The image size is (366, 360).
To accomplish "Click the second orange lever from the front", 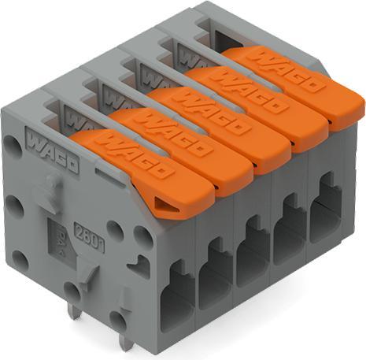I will (x=181, y=145).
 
